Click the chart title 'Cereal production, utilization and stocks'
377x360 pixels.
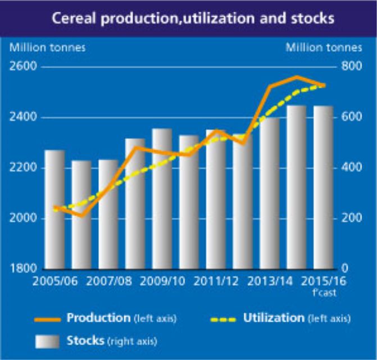pos(193,19)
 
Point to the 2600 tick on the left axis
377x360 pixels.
pos(21,67)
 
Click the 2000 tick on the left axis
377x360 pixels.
pos(21,218)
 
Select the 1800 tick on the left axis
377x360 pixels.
pos(21,268)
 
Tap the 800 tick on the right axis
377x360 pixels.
pos(351,67)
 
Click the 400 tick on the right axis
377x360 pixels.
pos(351,168)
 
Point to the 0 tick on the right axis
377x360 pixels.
pos(345,268)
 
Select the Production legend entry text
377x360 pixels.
pos(98,318)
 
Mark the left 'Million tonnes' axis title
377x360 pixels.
pos(48,47)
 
